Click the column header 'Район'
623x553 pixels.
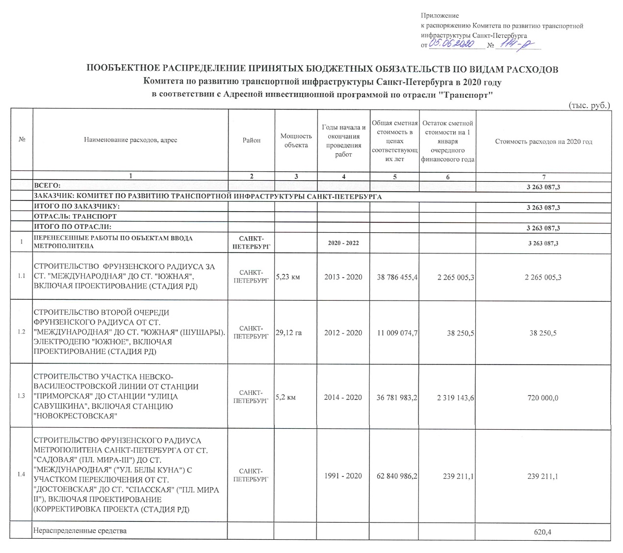pyautogui.click(x=252, y=140)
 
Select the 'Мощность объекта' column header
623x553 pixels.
pyautogui.click(x=296, y=140)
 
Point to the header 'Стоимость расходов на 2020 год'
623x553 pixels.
pyautogui.click(x=544, y=141)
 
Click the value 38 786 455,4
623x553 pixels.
pyautogui.click(x=397, y=277)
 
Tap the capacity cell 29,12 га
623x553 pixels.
pyautogui.click(x=289, y=333)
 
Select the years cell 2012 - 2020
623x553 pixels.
pyautogui.click(x=343, y=333)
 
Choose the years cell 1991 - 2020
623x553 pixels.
pyautogui.click(x=343, y=475)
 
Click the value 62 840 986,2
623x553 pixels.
pyautogui.click(x=397, y=475)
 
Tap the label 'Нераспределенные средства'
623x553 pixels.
pyautogui.click(x=79, y=531)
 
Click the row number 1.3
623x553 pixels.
pyautogui.click(x=21, y=396)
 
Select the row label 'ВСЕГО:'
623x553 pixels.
pyautogui.click(x=47, y=186)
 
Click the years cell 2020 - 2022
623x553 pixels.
pyautogui.click(x=343, y=244)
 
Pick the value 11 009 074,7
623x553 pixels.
pyautogui.click(x=397, y=333)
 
